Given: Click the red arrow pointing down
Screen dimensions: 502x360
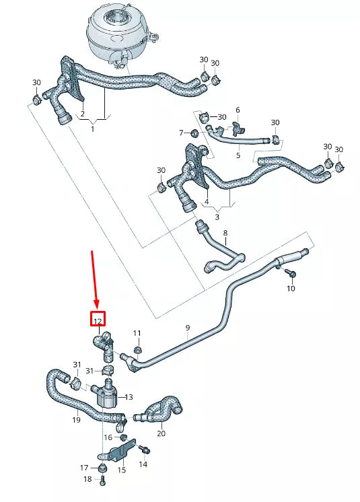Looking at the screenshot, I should [x=95, y=277].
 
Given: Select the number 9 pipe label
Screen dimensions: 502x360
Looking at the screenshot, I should [x=188, y=328].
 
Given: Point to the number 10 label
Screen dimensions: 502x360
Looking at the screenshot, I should [x=291, y=289].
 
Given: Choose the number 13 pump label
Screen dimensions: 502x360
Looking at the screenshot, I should [x=129, y=398].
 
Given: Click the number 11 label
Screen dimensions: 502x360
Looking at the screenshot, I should [x=137, y=334].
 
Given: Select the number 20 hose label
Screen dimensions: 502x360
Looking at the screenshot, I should [x=161, y=433].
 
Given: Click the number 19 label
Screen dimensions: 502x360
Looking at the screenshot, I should [x=77, y=420].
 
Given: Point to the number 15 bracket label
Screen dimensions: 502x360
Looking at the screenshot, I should [x=122, y=470].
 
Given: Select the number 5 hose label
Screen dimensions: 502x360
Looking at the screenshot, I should [x=238, y=155].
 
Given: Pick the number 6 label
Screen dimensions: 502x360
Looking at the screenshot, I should [x=237, y=110].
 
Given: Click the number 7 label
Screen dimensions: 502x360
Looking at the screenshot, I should [x=181, y=132].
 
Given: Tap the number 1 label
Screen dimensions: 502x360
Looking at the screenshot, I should [x=93, y=129].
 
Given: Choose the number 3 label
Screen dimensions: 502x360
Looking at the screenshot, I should [x=217, y=217].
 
